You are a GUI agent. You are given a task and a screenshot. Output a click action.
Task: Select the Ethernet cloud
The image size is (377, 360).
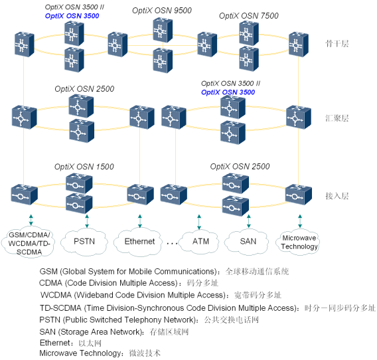click(x=139, y=241)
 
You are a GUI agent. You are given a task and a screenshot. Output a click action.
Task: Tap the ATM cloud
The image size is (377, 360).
click(x=200, y=241)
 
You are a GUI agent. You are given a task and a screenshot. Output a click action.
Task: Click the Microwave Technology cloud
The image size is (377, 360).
click(x=299, y=242)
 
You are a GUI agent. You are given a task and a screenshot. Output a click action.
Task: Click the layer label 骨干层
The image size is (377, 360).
click(x=337, y=44)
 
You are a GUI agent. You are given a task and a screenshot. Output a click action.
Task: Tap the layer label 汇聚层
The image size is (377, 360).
click(x=337, y=118)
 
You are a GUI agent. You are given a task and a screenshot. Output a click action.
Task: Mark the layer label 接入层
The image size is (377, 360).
click(x=337, y=197)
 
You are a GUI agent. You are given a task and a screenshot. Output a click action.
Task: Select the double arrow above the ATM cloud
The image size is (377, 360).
click(x=198, y=219)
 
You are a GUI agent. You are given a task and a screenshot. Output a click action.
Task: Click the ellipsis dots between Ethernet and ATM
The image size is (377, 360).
click(x=171, y=243)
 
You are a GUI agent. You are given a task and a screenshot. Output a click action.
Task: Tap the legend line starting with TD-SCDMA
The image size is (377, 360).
click(x=207, y=308)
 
